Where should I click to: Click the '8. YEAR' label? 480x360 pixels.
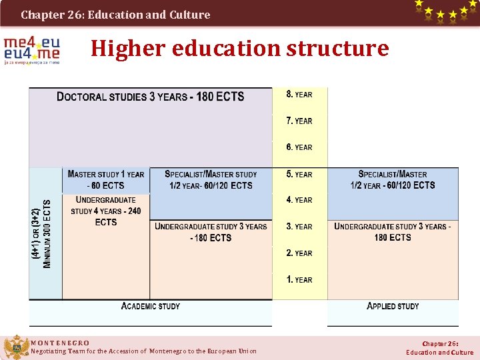[299, 94]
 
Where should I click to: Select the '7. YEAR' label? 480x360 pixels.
[299, 121]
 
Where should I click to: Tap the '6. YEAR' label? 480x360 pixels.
[299, 147]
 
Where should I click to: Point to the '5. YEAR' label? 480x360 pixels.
[299, 174]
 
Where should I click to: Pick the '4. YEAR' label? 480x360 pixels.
[299, 200]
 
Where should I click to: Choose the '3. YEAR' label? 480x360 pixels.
[299, 227]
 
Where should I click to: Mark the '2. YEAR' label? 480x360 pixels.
[299, 253]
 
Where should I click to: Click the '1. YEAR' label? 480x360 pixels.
[299, 280]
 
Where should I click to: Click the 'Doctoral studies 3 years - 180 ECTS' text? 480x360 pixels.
[151, 97]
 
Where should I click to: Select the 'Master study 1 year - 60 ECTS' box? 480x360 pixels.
[106, 180]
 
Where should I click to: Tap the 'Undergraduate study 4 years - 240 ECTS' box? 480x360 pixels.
[106, 211]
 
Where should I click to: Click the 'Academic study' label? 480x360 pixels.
[151, 306]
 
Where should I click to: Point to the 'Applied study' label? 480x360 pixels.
[393, 306]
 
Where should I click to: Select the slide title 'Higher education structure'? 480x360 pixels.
[239, 49]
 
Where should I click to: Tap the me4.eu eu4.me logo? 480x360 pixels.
[31, 51]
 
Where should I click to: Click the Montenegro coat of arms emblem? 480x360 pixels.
[15, 347]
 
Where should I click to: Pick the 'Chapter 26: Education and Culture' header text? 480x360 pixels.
[115, 14]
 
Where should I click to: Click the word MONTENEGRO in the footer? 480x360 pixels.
[60, 343]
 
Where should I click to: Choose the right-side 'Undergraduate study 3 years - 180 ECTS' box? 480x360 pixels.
[393, 232]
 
